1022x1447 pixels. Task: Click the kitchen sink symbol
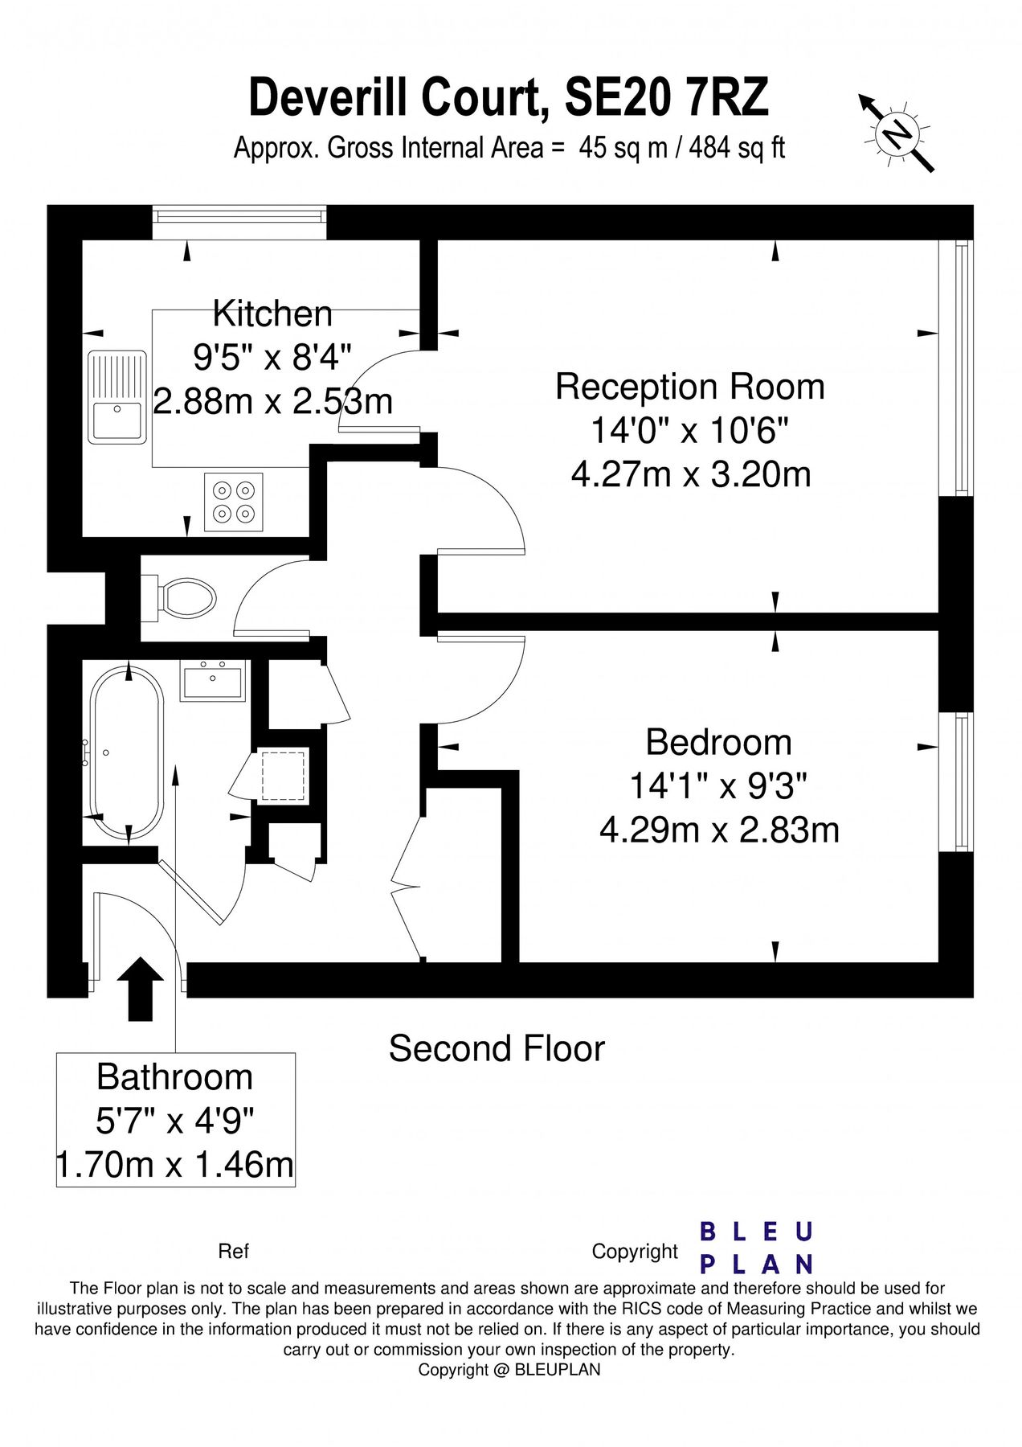click(117, 397)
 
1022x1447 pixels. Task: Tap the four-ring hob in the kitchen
click(234, 502)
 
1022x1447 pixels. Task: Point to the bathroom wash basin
click(213, 682)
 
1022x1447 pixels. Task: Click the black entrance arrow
click(141, 989)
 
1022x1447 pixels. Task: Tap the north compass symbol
click(897, 133)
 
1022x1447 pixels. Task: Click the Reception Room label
click(690, 387)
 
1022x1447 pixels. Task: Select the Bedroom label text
click(718, 742)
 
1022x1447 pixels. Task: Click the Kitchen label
click(272, 314)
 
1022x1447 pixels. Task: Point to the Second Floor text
click(497, 1048)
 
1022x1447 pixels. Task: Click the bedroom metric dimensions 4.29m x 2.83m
click(719, 830)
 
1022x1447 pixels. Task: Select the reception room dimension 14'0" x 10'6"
click(690, 431)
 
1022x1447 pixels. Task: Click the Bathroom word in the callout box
click(174, 1077)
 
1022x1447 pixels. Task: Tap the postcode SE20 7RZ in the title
click(667, 98)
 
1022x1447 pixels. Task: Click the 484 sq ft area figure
click(736, 148)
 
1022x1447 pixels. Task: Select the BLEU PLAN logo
click(757, 1248)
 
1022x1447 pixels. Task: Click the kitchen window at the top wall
click(239, 222)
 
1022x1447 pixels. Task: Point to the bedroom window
click(957, 781)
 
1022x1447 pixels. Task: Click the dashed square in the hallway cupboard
click(284, 775)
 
